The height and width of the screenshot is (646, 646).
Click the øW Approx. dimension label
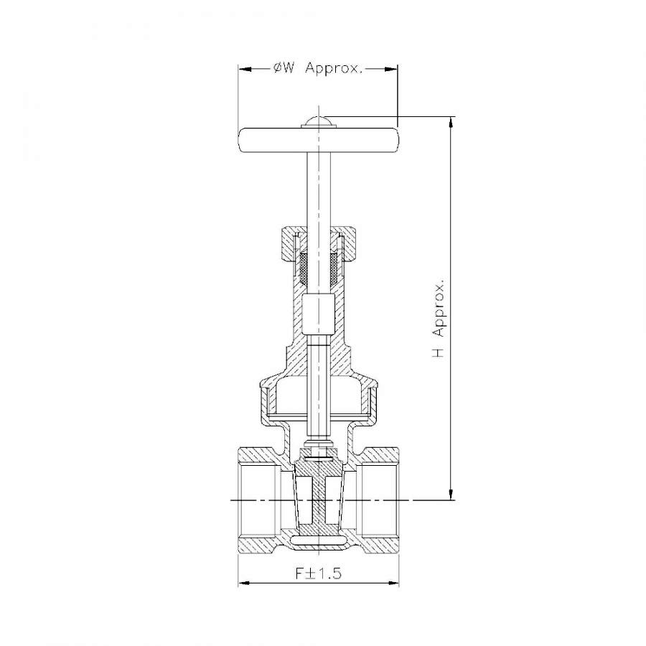[318, 68]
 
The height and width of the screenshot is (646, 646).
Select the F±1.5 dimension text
[319, 573]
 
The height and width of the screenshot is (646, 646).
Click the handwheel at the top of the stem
[319, 140]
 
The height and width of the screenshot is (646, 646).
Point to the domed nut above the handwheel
[319, 122]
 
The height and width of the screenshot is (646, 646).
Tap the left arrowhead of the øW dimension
[245, 69]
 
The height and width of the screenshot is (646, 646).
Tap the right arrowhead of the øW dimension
[391, 69]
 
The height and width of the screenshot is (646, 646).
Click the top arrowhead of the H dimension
[451, 123]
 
